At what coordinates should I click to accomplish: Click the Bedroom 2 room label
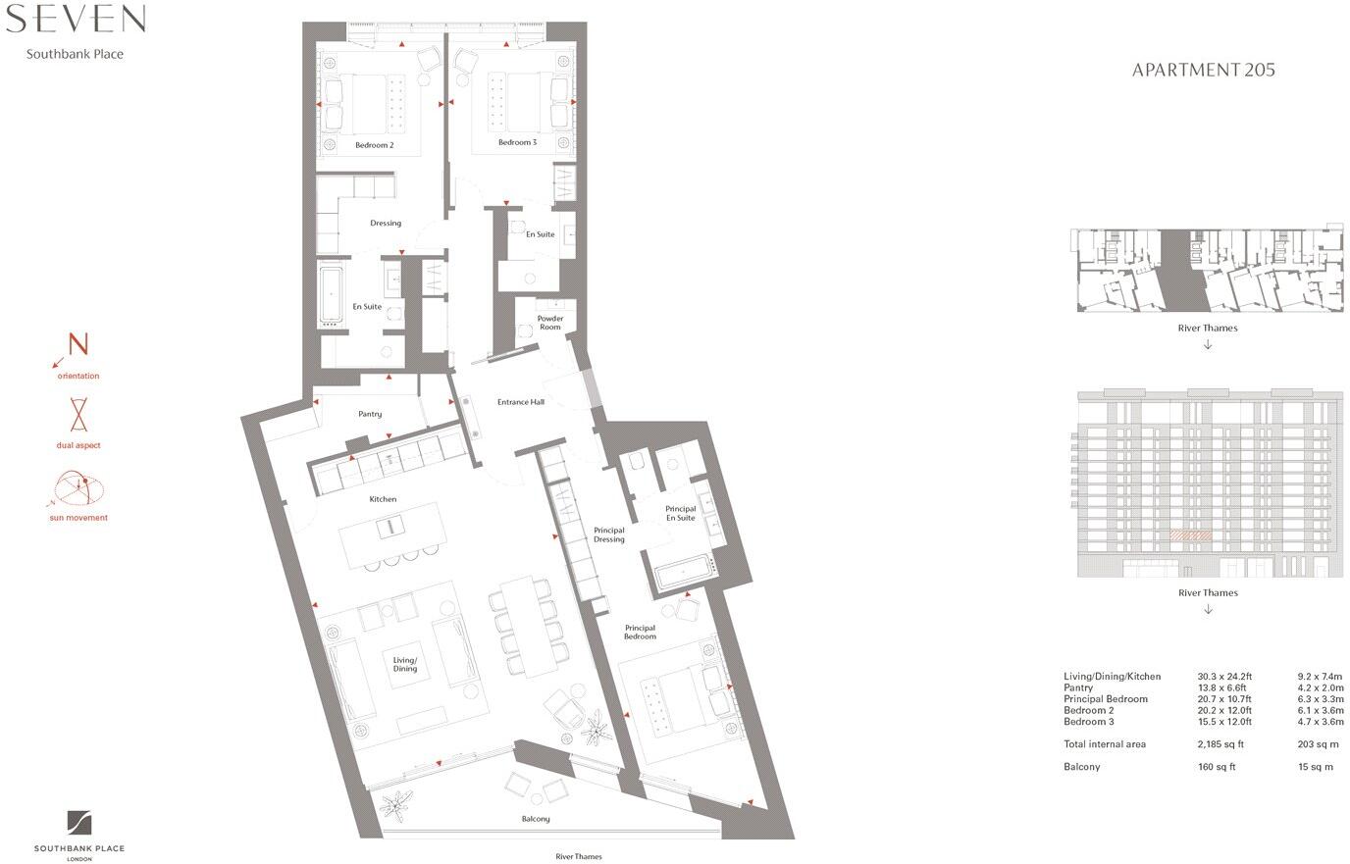[374, 145]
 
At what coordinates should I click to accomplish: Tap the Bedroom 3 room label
[517, 142]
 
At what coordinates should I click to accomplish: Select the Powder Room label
[549, 323]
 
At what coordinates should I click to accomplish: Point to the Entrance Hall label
[520, 402]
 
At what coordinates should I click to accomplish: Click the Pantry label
[370, 414]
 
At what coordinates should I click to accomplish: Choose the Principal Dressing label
[608, 534]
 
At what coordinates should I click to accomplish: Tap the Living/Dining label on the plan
[405, 664]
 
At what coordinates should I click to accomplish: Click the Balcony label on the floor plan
[536, 819]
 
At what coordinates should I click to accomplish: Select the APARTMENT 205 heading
[1203, 70]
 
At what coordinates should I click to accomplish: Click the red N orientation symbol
[78, 344]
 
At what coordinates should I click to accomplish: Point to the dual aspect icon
[78, 415]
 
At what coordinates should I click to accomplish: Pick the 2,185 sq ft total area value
[1220, 744]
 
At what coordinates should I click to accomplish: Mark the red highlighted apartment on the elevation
[1190, 536]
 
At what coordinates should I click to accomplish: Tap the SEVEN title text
[76, 19]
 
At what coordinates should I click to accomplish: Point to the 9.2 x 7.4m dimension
[1320, 677]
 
